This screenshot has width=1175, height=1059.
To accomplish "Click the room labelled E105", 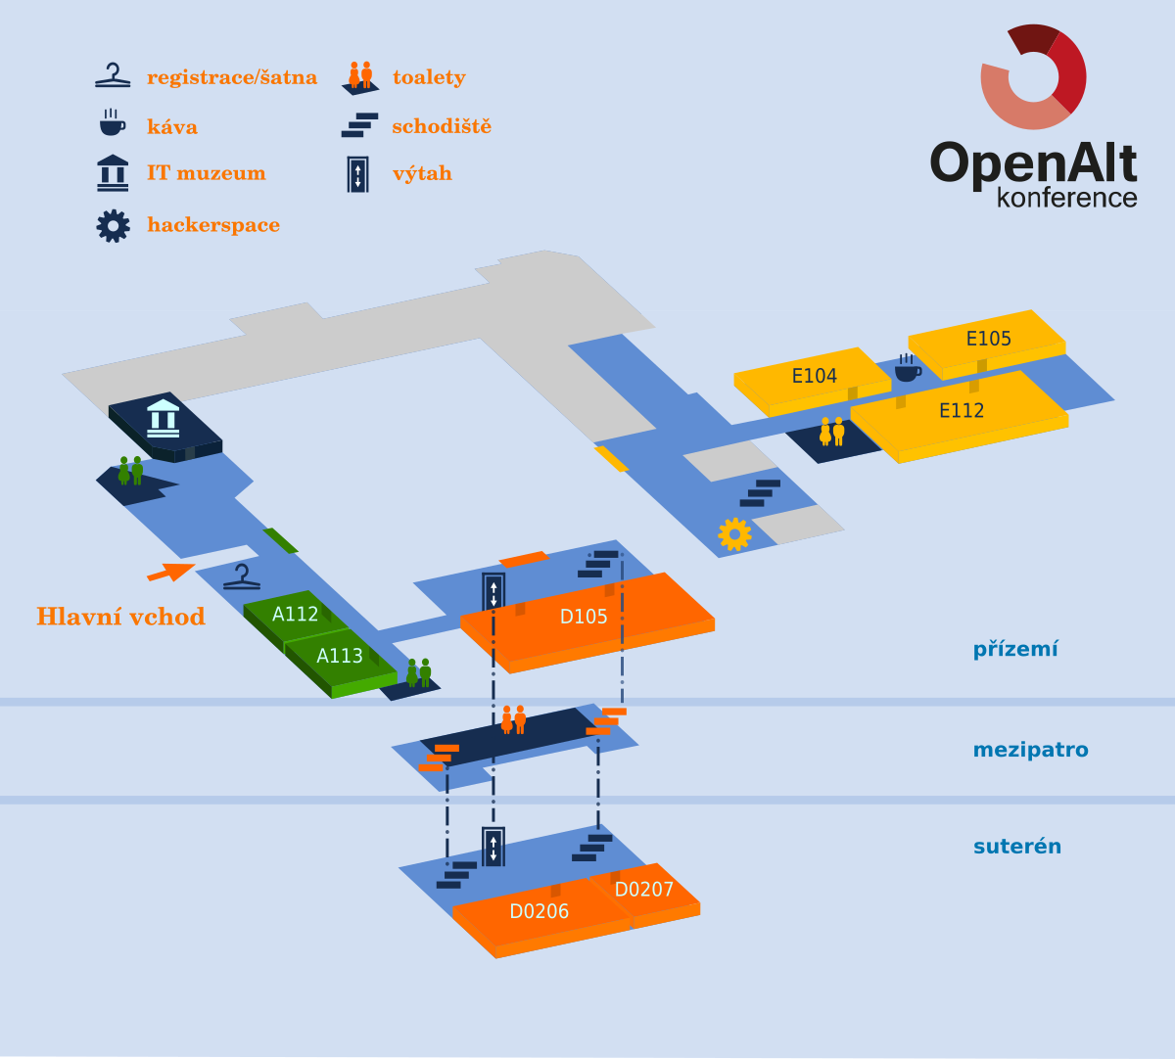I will pos(988,339).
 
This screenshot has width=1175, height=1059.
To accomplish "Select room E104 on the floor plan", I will pos(814,376).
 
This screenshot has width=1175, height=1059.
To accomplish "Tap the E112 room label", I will pos(962,411).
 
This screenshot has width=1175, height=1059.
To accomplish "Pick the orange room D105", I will pos(584,617).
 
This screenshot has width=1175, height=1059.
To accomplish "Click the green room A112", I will pos(295,615).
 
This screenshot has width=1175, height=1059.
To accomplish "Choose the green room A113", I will pos(340,656).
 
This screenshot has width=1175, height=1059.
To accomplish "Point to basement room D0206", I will pos(539,912).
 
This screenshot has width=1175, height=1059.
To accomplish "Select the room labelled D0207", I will pos(644,890).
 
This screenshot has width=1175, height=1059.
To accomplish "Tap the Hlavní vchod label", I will pos(120,617).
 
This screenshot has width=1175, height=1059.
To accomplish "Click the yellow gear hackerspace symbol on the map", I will pos(734,533).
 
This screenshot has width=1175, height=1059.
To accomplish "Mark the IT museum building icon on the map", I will pos(163,417).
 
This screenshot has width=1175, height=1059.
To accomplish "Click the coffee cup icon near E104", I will pos(907,368).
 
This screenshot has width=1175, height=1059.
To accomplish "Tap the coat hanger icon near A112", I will pos(242,577).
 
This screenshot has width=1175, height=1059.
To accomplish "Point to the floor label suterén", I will pos(1016,847).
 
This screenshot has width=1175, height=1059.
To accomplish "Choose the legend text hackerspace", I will pos(213,225).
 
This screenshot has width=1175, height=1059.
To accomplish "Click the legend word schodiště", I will pos(442,126).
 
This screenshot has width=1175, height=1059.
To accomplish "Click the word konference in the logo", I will pos(1066,198).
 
